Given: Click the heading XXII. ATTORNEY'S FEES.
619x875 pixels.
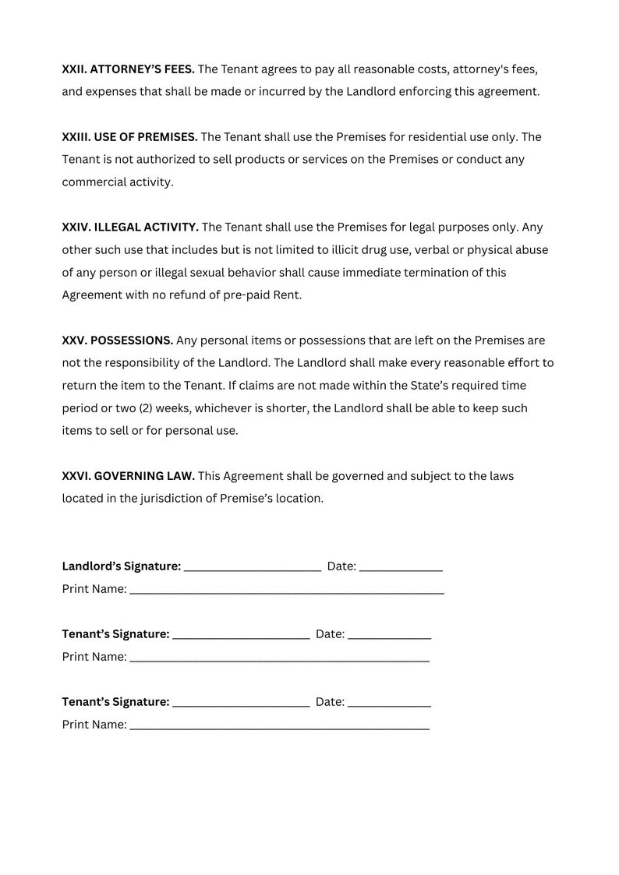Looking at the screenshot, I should (x=128, y=69).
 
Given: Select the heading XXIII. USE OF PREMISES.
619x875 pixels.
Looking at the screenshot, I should (x=129, y=137).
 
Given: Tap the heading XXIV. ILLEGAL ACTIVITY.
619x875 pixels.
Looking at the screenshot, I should (x=130, y=228).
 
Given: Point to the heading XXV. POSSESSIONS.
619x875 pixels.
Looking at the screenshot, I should (x=117, y=340).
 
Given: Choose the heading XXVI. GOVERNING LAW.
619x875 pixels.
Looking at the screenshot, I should (x=128, y=476).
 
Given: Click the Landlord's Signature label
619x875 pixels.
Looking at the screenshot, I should (x=121, y=566).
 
